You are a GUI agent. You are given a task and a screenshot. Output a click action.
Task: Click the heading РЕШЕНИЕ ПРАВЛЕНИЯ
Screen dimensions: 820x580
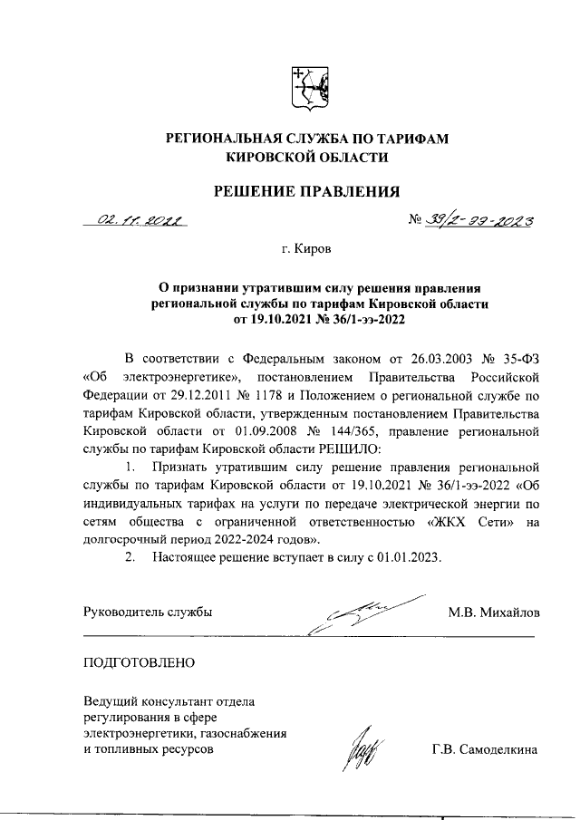[306, 190]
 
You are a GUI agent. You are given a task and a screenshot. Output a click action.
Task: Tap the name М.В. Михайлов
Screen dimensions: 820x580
[493, 612]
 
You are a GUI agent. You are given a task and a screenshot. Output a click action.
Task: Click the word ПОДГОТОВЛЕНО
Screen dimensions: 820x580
[139, 662]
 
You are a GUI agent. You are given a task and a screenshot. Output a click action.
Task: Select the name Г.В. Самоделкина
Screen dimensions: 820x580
[485, 749]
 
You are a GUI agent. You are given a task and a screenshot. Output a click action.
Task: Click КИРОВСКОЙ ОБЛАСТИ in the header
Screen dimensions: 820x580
[306, 157]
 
